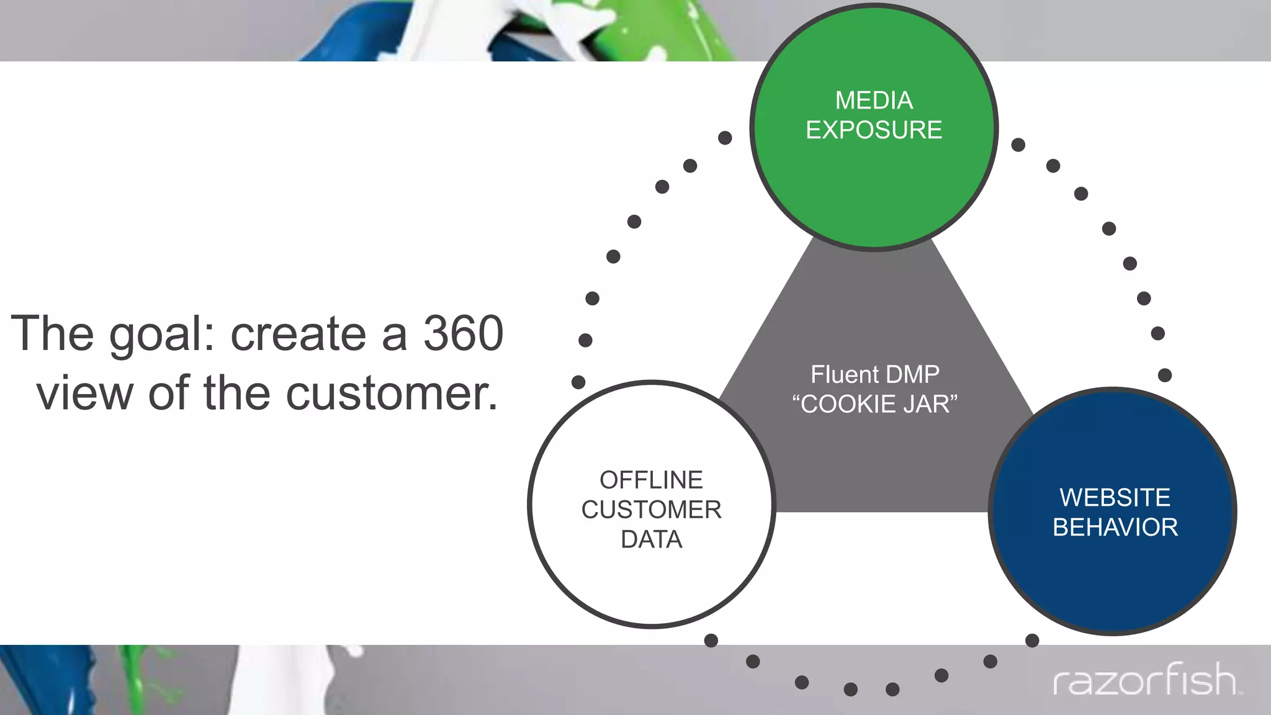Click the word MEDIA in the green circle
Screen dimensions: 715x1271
pyautogui.click(x=874, y=101)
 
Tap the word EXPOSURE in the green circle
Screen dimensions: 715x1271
pyautogui.click(x=874, y=130)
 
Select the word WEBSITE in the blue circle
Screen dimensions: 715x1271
pyautogui.click(x=1115, y=498)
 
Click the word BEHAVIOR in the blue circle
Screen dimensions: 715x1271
pyautogui.click(x=1115, y=528)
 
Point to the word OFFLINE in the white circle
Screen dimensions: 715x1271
pyautogui.click(x=651, y=480)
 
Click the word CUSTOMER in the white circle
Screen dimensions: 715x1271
pyautogui.click(x=651, y=510)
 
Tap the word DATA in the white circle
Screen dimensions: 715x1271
pyautogui.click(x=651, y=540)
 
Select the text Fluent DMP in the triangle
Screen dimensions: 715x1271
pyautogui.click(x=875, y=375)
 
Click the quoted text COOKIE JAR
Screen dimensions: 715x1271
pyautogui.click(x=875, y=405)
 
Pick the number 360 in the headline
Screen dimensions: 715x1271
pyautogui.click(x=463, y=334)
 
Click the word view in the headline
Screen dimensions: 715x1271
pyautogui.click(x=84, y=394)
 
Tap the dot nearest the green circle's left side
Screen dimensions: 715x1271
pyautogui.click(x=725, y=138)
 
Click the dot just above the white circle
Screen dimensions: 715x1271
pyautogui.click(x=578, y=382)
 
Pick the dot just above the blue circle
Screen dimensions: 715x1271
pyautogui.click(x=1165, y=375)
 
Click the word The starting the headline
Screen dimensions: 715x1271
pyautogui.click(x=52, y=334)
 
